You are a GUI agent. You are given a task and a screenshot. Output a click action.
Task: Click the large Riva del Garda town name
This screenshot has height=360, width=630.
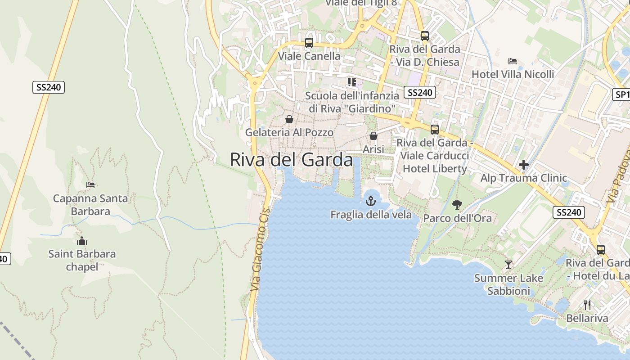[x=291, y=160]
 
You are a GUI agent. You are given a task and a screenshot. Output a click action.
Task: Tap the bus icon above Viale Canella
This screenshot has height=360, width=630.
[x=309, y=43]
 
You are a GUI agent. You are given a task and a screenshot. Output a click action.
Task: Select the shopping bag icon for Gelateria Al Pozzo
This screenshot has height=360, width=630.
[x=289, y=119]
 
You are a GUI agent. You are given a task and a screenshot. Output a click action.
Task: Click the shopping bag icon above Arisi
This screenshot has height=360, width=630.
[x=373, y=136]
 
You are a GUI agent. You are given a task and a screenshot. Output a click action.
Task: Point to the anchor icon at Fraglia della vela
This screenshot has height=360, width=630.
[x=371, y=201]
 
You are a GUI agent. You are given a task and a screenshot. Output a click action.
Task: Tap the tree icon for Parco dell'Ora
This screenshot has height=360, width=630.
[x=457, y=205]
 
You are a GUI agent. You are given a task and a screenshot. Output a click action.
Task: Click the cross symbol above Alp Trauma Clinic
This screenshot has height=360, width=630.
[x=523, y=165]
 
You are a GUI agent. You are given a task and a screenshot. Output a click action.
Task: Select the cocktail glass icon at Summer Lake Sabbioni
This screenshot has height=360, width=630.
[x=508, y=265]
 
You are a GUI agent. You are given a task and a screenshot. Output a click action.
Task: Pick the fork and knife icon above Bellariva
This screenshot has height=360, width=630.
[x=587, y=305]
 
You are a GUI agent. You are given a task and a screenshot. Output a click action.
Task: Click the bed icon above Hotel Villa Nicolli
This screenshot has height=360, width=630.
[x=513, y=61]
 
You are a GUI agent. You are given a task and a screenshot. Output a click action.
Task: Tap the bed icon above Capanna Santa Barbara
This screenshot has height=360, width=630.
[x=90, y=185]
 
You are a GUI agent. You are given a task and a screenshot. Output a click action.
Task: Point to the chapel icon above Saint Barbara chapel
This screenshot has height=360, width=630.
[x=82, y=241]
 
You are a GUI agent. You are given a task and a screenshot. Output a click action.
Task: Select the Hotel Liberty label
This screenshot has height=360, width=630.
[x=435, y=169]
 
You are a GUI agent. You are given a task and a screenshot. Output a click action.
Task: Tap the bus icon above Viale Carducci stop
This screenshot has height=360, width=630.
[x=435, y=130]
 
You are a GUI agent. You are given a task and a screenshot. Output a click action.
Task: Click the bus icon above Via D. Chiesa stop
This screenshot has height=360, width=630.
[x=425, y=36]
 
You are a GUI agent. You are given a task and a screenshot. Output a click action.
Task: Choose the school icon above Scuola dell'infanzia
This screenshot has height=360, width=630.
[x=351, y=82]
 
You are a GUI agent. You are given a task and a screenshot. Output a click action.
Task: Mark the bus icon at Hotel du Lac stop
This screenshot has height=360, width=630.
[x=601, y=250]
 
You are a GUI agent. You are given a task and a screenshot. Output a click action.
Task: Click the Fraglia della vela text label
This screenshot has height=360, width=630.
[x=371, y=215]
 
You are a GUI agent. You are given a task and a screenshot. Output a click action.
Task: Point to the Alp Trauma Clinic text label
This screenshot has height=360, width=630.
[x=523, y=178]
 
